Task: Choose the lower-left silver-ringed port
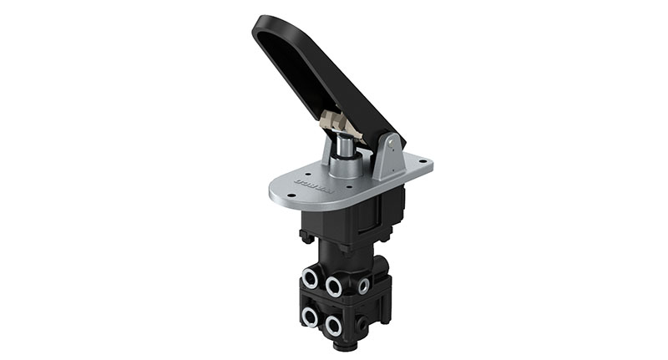pyautogui.click(x=310, y=316)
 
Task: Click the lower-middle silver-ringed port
pyautogui.click(x=335, y=323)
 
